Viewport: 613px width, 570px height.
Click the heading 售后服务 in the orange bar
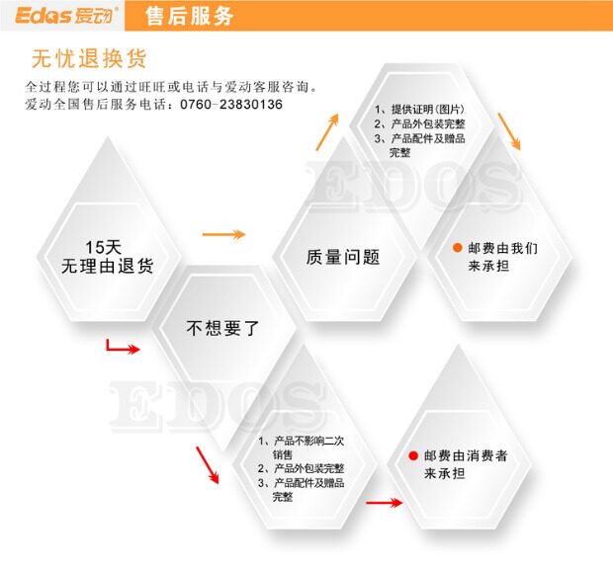point(189,16)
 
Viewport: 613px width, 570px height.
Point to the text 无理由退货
point(107,266)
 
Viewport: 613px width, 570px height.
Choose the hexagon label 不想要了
point(222,328)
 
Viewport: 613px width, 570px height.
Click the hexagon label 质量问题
point(343,258)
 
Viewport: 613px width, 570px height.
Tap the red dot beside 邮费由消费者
point(413,456)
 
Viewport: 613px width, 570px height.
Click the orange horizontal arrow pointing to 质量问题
point(223,234)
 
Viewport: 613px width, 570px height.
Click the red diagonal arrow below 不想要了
point(207,463)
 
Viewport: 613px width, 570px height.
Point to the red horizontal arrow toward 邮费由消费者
point(384,503)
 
